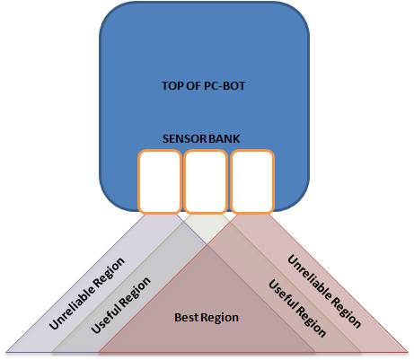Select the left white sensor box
click(x=160, y=181)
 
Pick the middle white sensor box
click(x=206, y=181)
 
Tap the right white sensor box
click(x=252, y=181)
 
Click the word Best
click(x=186, y=317)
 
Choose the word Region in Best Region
click(x=219, y=318)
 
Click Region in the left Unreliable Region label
click(x=110, y=269)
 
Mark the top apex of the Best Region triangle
click(x=207, y=245)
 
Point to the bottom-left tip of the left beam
click(x=7, y=351)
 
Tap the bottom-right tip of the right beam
click(x=408, y=351)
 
